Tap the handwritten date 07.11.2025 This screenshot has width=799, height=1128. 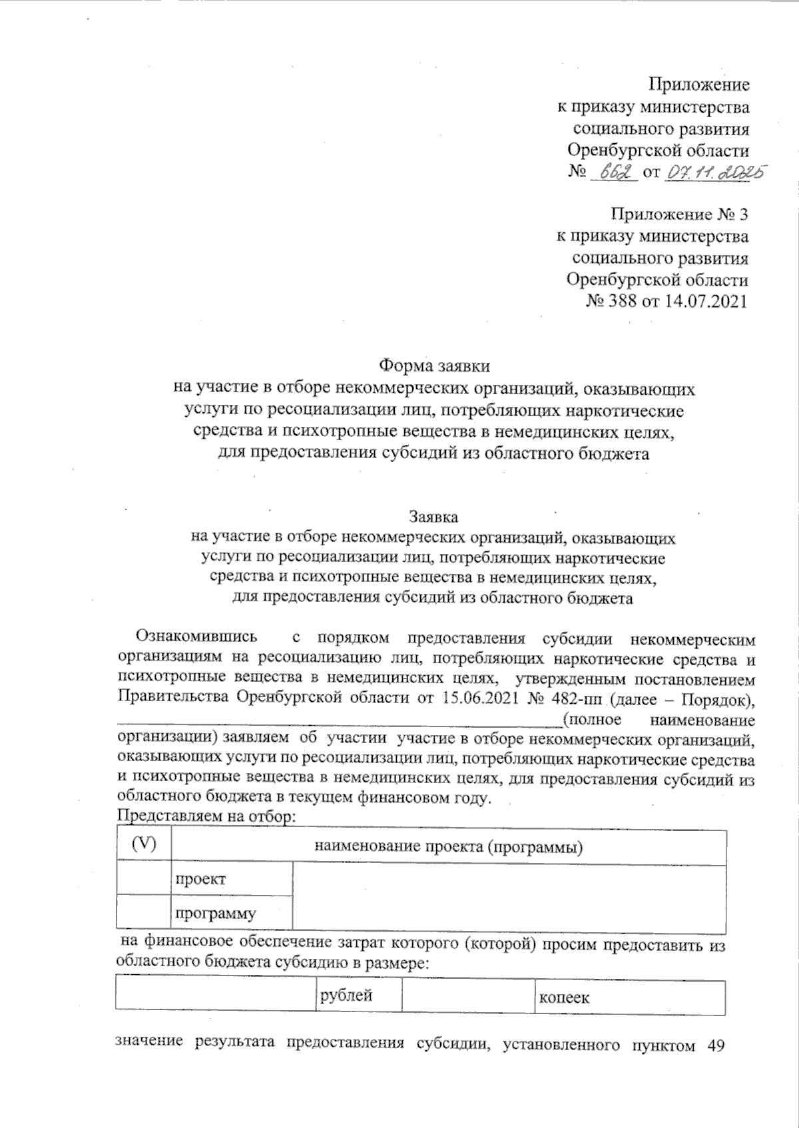pyautogui.click(x=714, y=172)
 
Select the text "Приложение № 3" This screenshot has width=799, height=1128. pyautogui.click(x=680, y=214)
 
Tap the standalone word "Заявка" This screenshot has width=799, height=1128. pyautogui.click(x=433, y=517)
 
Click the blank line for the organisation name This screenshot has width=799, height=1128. pyautogui.click(x=340, y=721)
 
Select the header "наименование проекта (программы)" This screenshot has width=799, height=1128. pyautogui.click(x=448, y=847)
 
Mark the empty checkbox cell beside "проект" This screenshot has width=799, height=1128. pyautogui.click(x=143, y=879)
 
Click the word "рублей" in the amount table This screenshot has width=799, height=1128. pyautogui.click(x=346, y=996)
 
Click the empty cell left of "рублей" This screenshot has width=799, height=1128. pyautogui.click(x=214, y=996)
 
